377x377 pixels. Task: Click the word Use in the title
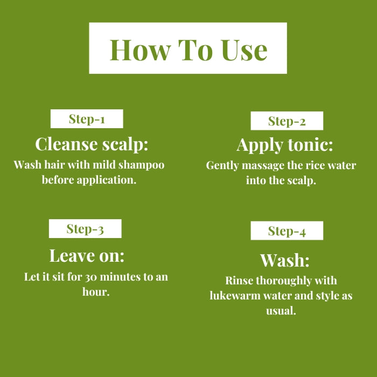click(x=245, y=50)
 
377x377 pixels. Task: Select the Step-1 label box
click(x=87, y=119)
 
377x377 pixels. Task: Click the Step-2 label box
click(x=287, y=121)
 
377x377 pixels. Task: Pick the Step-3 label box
click(x=85, y=229)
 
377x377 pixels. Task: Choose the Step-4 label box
click(x=287, y=231)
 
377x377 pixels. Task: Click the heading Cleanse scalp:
click(x=92, y=145)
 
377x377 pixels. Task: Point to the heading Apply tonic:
click(x=285, y=145)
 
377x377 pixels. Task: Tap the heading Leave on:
click(x=87, y=255)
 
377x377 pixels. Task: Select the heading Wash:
click(x=285, y=260)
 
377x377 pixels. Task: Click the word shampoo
click(x=141, y=165)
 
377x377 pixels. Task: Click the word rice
click(x=315, y=166)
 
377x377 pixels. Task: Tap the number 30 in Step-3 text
click(x=91, y=277)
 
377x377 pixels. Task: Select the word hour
click(x=96, y=292)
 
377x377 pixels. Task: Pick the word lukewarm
click(x=235, y=296)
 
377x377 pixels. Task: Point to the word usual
click(x=281, y=311)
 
